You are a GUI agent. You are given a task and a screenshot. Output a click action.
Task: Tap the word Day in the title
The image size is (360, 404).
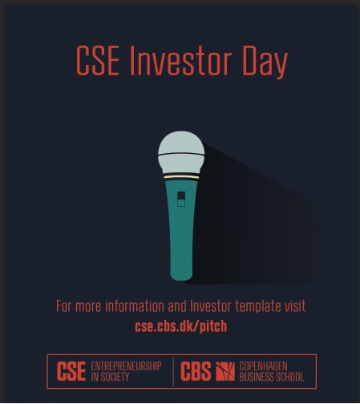click(265, 63)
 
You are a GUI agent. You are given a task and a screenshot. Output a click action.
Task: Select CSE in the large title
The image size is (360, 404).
click(97, 61)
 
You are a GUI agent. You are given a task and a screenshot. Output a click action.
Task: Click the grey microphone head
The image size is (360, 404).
click(181, 152)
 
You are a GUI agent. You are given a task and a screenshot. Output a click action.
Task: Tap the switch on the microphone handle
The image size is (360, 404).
click(181, 199)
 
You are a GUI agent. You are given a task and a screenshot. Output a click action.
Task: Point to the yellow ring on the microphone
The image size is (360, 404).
click(181, 177)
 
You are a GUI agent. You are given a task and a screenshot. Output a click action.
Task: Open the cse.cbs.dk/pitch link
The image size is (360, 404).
click(181, 326)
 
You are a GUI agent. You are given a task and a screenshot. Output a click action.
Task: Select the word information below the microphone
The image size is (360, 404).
click(135, 306)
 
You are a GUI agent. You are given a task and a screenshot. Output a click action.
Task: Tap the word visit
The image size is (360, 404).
click(295, 306)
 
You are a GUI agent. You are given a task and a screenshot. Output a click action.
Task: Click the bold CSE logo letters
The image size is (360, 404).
click(71, 371)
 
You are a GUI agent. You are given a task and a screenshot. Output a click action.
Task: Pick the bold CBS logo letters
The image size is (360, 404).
click(196, 371)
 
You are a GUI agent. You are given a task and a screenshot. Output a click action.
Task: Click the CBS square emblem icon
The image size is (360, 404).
click(225, 371)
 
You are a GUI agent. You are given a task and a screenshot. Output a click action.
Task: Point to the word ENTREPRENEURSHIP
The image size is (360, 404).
click(126, 366)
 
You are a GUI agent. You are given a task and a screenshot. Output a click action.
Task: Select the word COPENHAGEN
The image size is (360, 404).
click(263, 366)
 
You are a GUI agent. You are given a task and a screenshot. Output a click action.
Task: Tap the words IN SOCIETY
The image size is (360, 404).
click(110, 377)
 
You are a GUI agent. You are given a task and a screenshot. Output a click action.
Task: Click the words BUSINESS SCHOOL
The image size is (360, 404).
click(272, 377)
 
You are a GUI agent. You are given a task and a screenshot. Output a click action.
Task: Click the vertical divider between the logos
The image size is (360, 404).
click(173, 371)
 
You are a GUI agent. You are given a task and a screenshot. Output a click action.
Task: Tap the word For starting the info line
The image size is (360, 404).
click(64, 306)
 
